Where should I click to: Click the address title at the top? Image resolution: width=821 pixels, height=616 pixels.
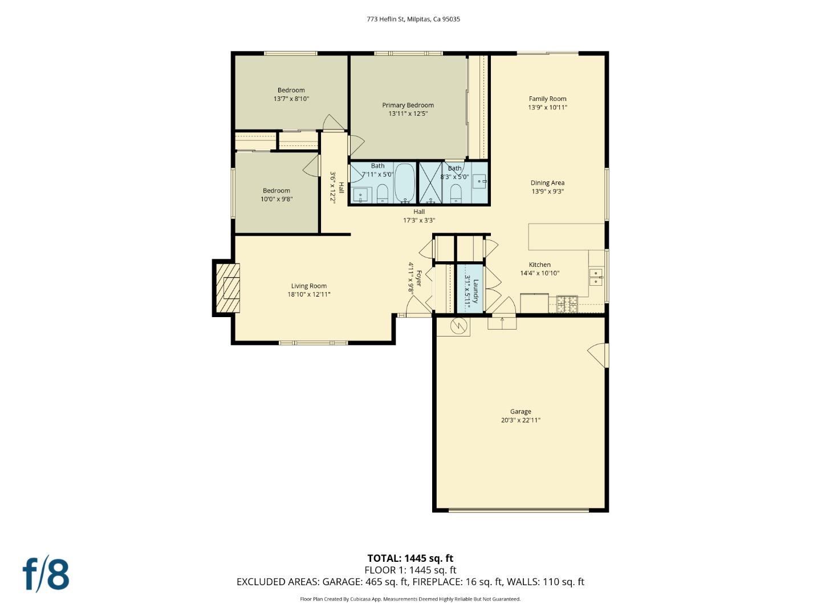(x=413, y=19)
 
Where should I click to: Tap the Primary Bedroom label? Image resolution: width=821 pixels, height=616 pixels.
(x=408, y=105)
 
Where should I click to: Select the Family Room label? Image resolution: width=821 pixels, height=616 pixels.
(x=547, y=99)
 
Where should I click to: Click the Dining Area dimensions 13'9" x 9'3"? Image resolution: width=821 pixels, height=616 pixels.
(x=547, y=192)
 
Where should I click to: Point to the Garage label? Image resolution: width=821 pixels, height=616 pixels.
(x=520, y=411)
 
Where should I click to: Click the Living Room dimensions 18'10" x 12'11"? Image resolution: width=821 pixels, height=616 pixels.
(x=308, y=295)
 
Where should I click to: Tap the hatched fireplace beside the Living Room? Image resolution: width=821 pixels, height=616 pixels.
(x=227, y=287)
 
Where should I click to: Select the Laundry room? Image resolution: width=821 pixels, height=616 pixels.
(x=470, y=289)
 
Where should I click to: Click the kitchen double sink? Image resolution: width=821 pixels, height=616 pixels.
(x=596, y=277)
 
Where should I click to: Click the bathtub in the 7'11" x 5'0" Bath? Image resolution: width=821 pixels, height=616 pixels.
(x=405, y=183)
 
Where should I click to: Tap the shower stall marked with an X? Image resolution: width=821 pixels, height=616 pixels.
(x=430, y=183)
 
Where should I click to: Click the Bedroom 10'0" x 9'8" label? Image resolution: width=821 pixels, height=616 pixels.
(x=277, y=191)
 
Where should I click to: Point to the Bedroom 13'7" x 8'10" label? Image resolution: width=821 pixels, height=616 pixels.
(x=291, y=90)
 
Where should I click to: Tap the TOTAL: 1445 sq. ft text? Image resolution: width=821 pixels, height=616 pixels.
(x=410, y=558)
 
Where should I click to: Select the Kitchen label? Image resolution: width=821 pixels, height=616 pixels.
(x=539, y=265)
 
